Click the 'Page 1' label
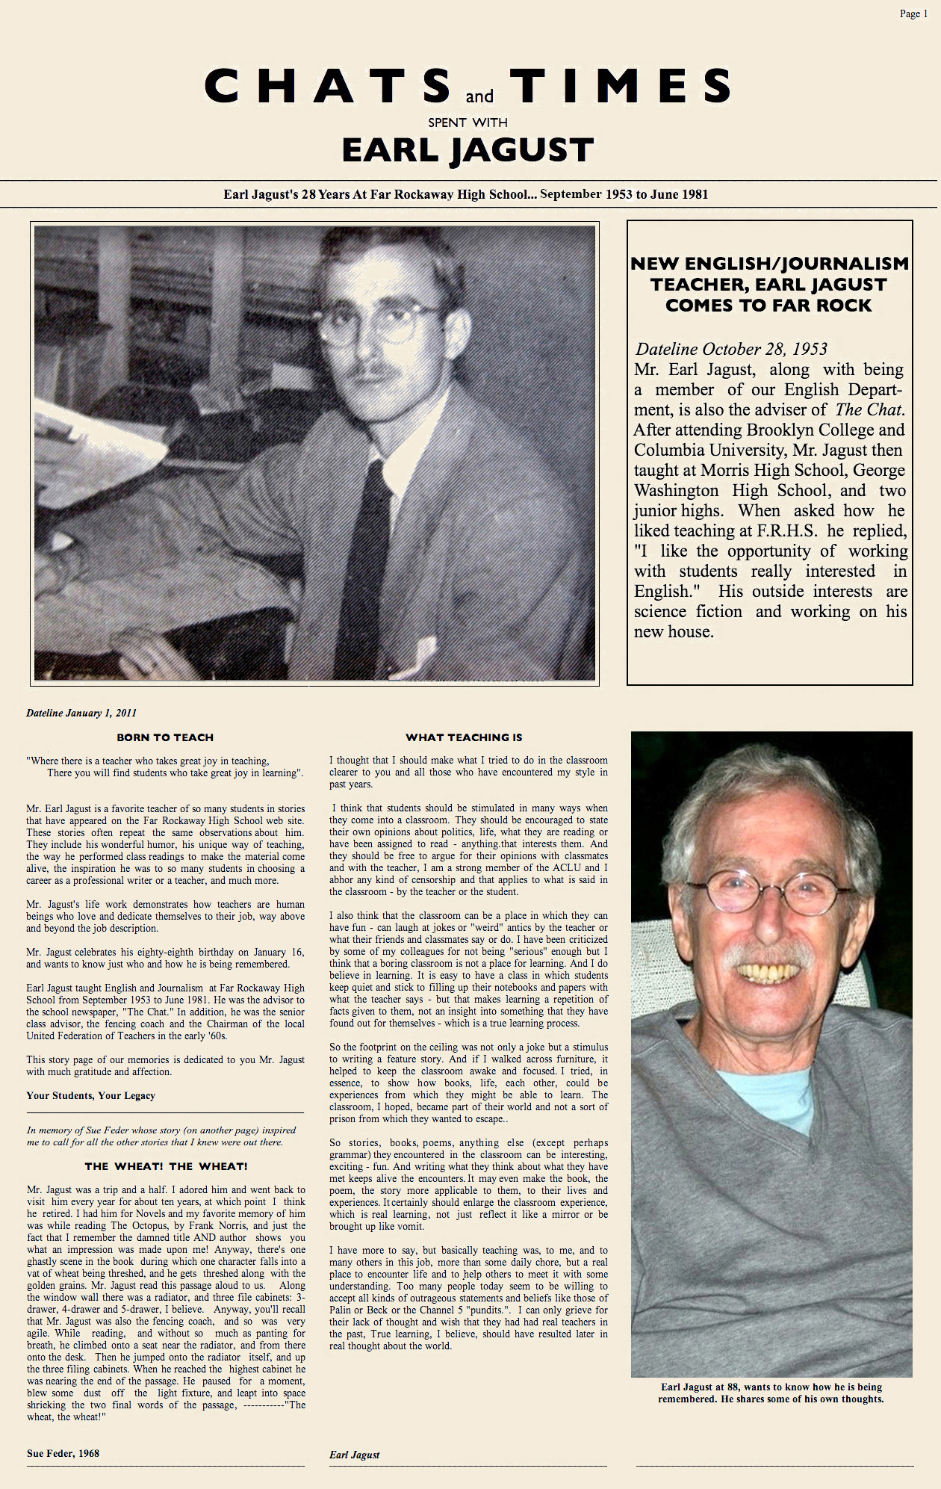pos(913,13)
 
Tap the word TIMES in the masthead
pos(621,86)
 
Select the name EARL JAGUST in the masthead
pos(468,150)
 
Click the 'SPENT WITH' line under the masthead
pos(468,123)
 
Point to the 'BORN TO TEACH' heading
pos(165,737)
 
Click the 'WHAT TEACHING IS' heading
pos(464,737)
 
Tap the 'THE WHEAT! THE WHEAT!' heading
pos(166,1166)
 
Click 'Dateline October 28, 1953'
pos(731,349)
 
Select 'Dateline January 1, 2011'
pos(81,713)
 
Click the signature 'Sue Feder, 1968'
pos(63,1453)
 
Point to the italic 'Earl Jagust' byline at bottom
pos(354,1455)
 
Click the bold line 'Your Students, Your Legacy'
pos(90,1095)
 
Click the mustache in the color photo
pos(769,958)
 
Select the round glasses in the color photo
pos(777,894)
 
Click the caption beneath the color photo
pos(771,1393)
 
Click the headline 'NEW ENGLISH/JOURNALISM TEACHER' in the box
pos(769,285)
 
